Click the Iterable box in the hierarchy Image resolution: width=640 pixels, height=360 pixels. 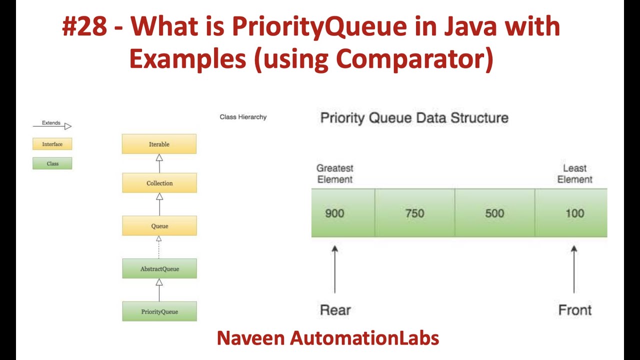click(x=159, y=144)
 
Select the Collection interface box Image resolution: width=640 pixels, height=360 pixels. click(x=159, y=183)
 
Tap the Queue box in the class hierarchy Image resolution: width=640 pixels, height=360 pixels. click(x=159, y=226)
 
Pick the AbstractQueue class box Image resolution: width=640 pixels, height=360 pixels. click(x=159, y=268)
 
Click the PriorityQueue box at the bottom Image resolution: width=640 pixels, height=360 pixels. click(x=159, y=311)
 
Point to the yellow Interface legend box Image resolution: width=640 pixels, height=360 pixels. click(x=52, y=144)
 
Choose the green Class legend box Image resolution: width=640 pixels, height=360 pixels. click(x=52, y=163)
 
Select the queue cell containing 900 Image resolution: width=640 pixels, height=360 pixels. click(x=343, y=213)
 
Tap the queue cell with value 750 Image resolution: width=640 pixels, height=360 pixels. click(x=414, y=213)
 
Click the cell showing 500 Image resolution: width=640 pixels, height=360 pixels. click(x=494, y=213)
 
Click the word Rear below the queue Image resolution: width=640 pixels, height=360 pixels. click(x=335, y=310)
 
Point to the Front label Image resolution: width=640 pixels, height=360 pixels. click(x=574, y=310)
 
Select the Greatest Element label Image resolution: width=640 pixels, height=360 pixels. click(x=335, y=173)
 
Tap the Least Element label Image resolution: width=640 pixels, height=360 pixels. click(x=574, y=173)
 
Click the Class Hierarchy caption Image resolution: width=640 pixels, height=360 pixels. click(x=243, y=117)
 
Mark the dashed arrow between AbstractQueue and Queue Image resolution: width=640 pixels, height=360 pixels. click(x=159, y=247)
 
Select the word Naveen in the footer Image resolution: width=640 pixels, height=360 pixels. click(x=250, y=338)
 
